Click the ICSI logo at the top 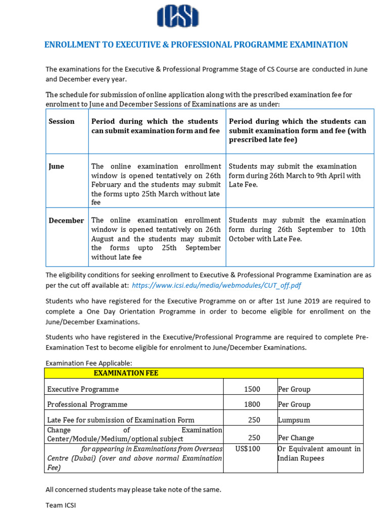tap(178, 17)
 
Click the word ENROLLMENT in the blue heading tap(69, 45)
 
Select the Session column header tap(62, 122)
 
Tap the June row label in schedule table tap(56, 167)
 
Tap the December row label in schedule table tap(66, 221)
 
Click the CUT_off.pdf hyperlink tap(216, 286)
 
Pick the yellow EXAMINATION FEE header tap(126, 373)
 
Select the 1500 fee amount tap(252, 389)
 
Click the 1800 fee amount tap(252, 404)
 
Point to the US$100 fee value tap(248, 449)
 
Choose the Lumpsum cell tap(294, 420)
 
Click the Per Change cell tap(296, 438)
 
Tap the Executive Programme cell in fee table tap(83, 389)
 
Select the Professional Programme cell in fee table tap(87, 404)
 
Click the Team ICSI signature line tap(61, 505)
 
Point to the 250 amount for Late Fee tap(254, 420)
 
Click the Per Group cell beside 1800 tap(294, 404)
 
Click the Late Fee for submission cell tap(120, 420)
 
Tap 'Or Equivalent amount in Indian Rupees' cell tap(319, 453)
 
